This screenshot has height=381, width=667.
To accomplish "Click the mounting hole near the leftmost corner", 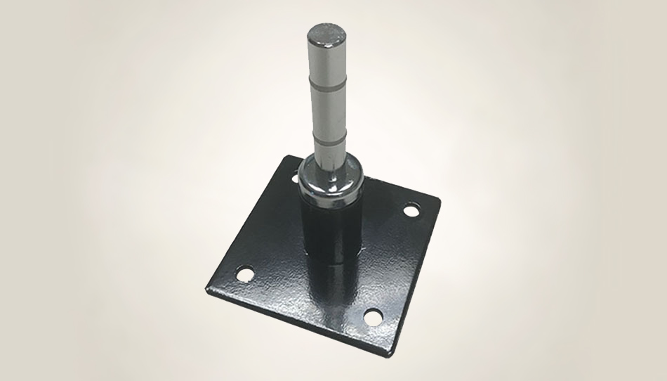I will pos(245,272).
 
